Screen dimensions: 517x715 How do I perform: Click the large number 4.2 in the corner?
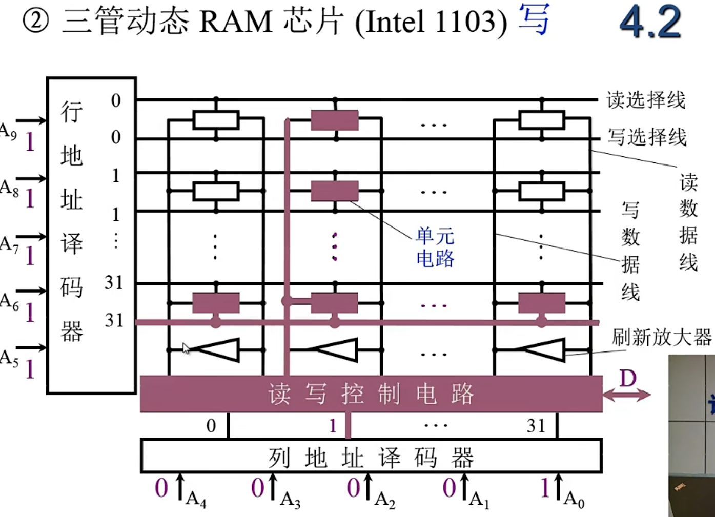tap(650, 22)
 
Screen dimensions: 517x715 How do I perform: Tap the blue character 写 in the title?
tap(534, 19)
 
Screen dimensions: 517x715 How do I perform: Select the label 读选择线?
tap(646, 99)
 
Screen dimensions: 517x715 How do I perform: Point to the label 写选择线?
tap(647, 137)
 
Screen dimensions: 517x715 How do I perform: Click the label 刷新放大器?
tap(662, 337)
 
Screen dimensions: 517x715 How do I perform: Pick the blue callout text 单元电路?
tap(435, 247)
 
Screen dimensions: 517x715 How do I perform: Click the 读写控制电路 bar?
tap(371, 394)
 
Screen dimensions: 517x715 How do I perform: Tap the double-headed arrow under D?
tap(626, 395)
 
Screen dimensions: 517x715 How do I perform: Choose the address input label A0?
tap(574, 498)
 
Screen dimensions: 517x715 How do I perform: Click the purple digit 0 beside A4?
tap(161, 488)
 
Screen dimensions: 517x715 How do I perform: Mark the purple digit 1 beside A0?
tap(545, 488)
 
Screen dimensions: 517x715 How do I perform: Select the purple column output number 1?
tap(333, 425)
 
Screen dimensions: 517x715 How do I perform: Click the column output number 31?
tap(536, 425)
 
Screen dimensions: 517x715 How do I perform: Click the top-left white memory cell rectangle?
tap(216, 120)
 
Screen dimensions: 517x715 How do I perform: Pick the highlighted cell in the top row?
tap(335, 120)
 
